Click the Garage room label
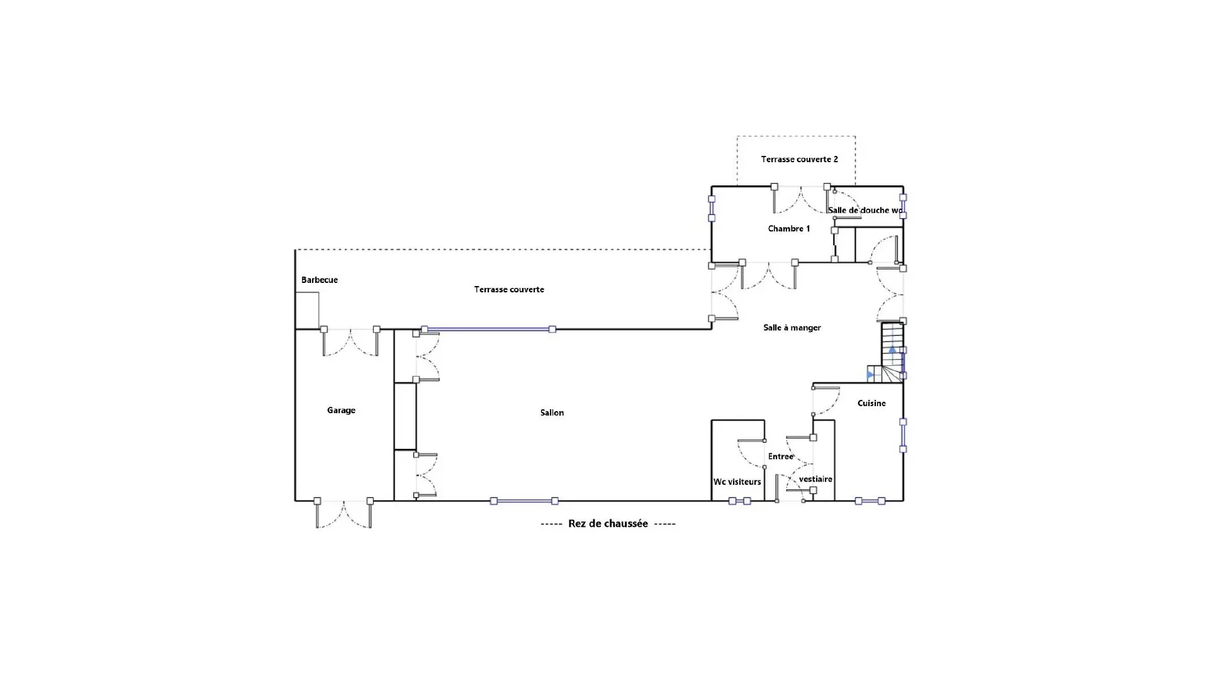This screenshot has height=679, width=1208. tap(341, 411)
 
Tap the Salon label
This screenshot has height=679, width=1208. tap(552, 412)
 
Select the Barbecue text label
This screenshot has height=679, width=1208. tap(320, 280)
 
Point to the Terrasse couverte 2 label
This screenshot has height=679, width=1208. tap(799, 159)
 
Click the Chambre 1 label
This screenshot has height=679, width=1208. tap(789, 228)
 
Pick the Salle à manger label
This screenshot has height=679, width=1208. tap(792, 328)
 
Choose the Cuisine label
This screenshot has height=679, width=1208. tap(871, 403)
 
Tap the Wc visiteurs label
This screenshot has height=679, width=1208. tap(737, 482)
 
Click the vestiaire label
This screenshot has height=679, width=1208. tap(816, 479)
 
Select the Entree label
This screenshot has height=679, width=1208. tap(781, 456)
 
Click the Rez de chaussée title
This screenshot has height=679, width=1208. tap(608, 524)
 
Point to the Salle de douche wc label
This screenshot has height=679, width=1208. tap(866, 210)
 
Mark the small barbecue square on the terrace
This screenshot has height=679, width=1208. tap(307, 311)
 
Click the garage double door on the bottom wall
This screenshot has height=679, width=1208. tap(344, 514)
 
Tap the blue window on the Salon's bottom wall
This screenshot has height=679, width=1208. tap(524, 501)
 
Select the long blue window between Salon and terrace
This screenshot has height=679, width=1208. tap(488, 329)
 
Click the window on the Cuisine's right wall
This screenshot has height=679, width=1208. tap(903, 436)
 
